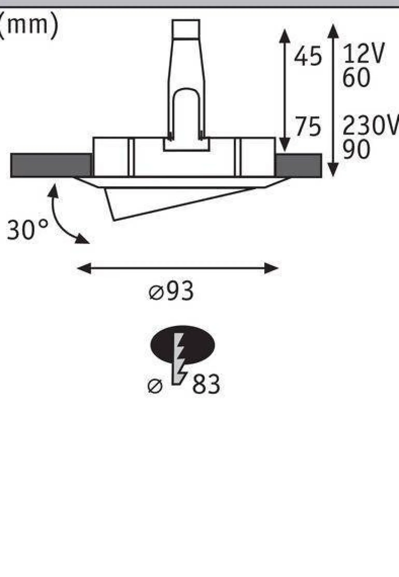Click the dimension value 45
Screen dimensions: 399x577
click(308, 56)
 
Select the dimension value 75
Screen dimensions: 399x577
click(308, 126)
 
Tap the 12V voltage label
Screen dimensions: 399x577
click(364, 53)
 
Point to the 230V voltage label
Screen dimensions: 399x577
click(371, 126)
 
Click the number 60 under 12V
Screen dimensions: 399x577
click(356, 77)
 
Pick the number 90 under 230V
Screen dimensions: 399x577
click(356, 149)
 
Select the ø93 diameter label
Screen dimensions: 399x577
click(171, 291)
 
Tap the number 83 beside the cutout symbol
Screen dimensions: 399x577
click(206, 384)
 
